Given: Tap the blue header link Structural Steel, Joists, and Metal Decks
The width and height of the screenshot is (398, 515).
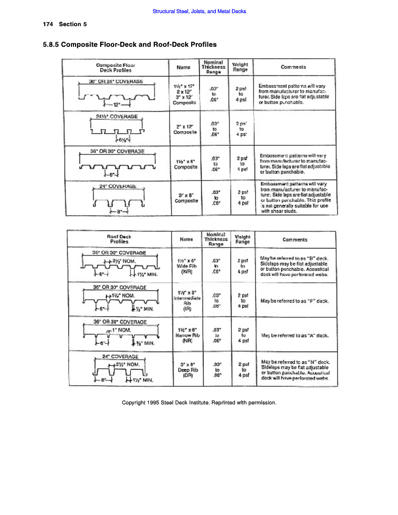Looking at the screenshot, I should click(199, 12).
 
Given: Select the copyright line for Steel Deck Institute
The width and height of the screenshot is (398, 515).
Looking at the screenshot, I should click(199, 402).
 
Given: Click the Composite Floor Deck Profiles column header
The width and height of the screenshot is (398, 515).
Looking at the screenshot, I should click(115, 67).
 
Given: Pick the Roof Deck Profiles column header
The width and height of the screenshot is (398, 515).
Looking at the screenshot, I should click(119, 239).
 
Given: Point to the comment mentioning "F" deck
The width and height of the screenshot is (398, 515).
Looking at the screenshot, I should click(294, 301).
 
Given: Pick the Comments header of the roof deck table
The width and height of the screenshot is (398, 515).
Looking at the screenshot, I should click(294, 240).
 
